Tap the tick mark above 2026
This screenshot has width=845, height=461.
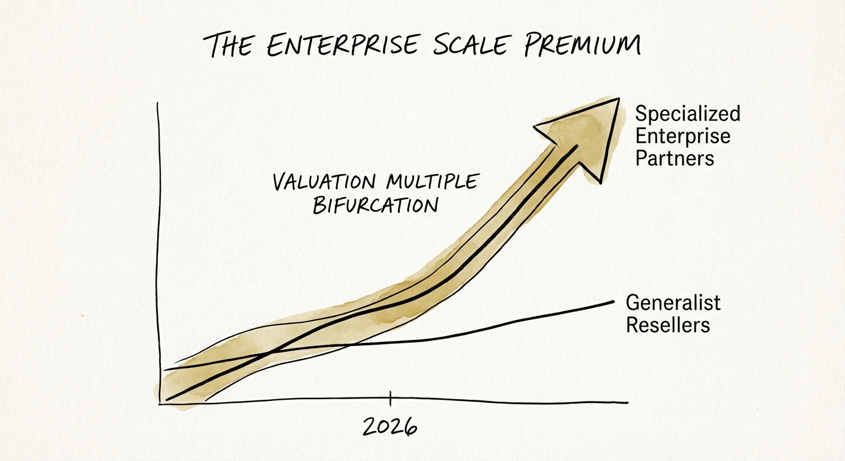pos(390,398)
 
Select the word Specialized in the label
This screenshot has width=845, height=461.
pos(688,114)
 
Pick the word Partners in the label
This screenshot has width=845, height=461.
pos(675,158)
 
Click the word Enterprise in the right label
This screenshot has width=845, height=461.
pos(683,136)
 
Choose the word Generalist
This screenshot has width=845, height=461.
pos(673,303)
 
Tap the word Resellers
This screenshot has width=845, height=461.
pos(668,325)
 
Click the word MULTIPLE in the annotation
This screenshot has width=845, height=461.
pos(432,181)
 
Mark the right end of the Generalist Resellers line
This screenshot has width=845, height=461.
pos(614,301)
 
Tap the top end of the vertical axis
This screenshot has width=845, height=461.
pos(157,103)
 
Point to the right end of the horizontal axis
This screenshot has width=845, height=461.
pos(627,403)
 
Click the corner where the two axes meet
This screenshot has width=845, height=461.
pos(160,404)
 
